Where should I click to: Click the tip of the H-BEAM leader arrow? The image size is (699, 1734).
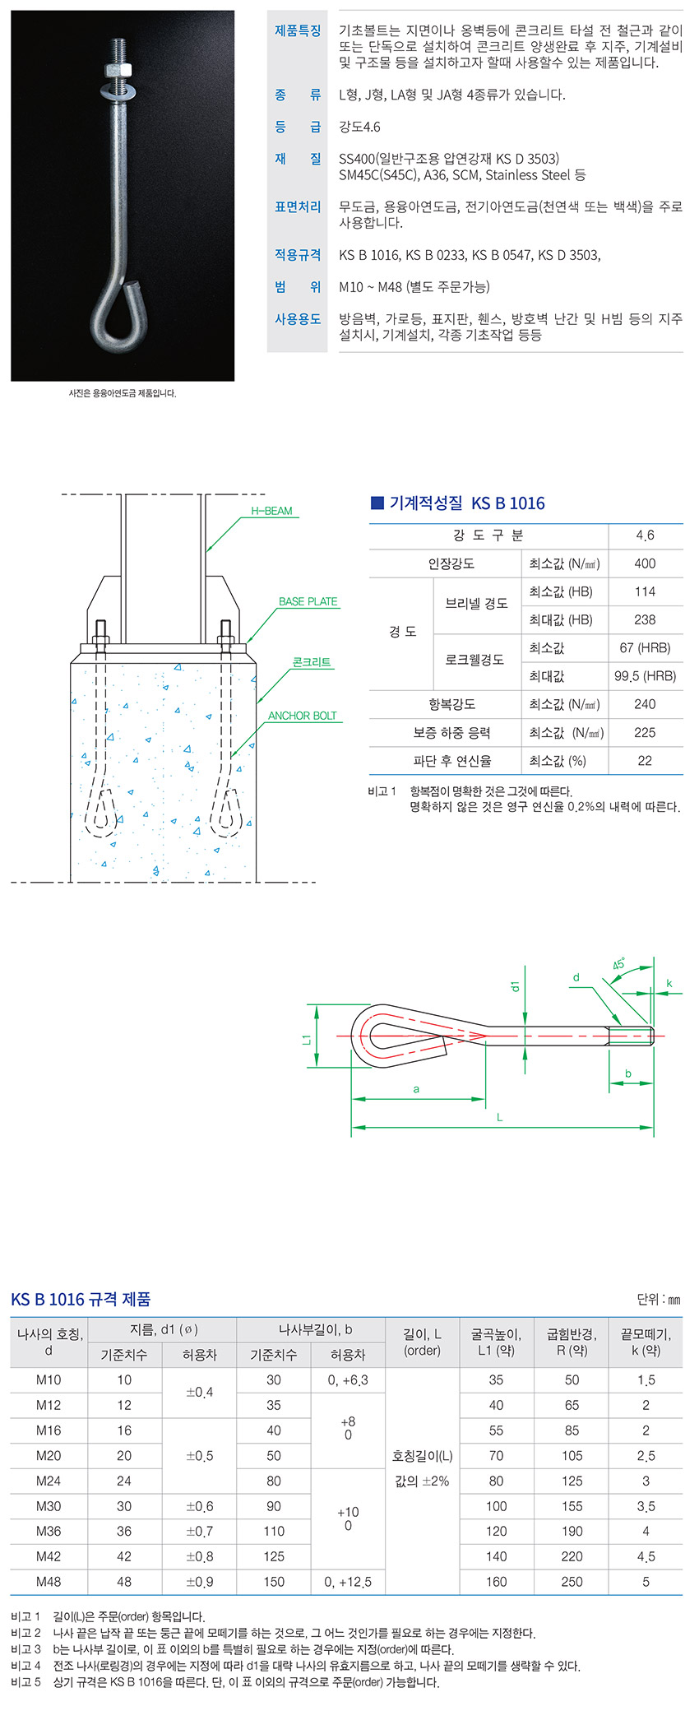tap(206, 551)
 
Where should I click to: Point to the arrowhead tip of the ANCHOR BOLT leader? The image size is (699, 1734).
tap(232, 757)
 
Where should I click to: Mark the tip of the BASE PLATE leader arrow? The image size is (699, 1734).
tap(247, 642)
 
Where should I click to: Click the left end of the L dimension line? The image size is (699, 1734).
tap(352, 1127)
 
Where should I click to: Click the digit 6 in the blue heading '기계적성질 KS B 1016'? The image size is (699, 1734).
tap(539, 503)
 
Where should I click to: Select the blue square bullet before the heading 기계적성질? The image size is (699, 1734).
tap(377, 503)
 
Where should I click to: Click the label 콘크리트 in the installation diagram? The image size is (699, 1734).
tap(311, 662)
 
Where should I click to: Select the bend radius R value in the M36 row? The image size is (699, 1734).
tap(572, 1531)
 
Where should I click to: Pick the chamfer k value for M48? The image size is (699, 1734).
tap(646, 1581)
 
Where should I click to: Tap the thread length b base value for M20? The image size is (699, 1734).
tap(274, 1455)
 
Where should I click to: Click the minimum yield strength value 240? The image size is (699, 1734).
tap(645, 704)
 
